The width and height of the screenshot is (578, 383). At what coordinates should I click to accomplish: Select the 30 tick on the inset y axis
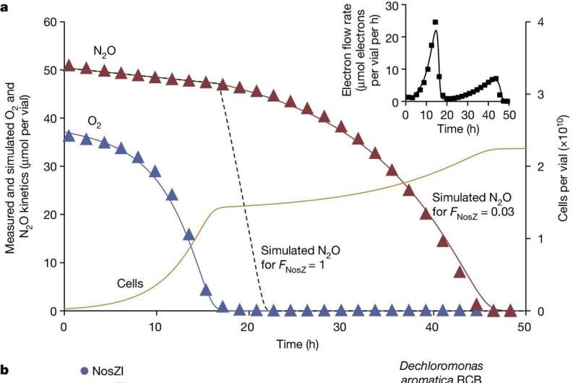click(x=394, y=6)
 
